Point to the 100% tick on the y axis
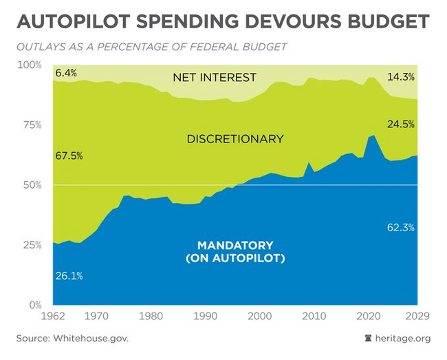click(29, 65)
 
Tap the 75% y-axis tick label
click(32, 125)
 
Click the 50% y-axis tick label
click(32, 184)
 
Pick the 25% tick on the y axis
click(32, 244)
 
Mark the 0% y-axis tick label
click(34, 304)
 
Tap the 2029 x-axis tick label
click(417, 317)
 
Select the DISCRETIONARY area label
click(235, 139)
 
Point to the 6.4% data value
click(66, 73)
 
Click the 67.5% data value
click(69, 156)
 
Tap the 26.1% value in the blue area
click(69, 275)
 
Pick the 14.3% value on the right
click(401, 77)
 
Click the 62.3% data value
click(401, 227)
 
